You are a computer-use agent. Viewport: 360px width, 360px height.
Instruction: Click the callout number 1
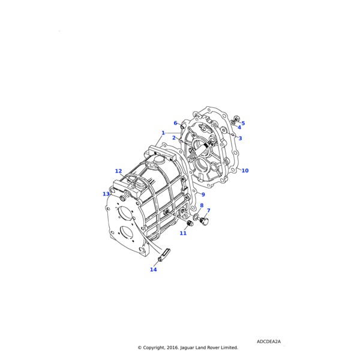point(163,133)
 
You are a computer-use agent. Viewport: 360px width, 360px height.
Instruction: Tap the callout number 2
point(174,138)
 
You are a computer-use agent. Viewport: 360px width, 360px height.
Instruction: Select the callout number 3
point(240,139)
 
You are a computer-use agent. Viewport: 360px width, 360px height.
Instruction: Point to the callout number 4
point(239,127)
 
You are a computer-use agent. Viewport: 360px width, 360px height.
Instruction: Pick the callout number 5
point(243,123)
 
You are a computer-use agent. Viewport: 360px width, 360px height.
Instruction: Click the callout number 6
point(176,123)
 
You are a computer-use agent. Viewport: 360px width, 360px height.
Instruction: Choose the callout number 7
point(208,211)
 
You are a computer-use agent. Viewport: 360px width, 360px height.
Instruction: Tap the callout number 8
point(202,206)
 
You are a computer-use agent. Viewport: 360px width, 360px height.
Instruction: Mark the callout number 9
point(203,194)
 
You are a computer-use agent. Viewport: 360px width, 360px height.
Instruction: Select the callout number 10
point(245,171)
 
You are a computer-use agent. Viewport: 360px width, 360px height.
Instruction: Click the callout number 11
point(183,233)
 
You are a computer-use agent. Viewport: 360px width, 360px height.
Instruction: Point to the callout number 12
point(119,171)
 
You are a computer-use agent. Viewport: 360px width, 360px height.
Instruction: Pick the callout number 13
point(106,194)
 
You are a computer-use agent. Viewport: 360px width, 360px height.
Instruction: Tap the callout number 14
point(154,269)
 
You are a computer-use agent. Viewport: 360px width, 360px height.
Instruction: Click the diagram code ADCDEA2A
point(268,341)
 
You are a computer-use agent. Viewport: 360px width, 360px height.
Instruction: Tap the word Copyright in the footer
point(158,347)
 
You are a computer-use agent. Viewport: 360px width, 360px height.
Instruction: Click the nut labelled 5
point(236,119)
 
